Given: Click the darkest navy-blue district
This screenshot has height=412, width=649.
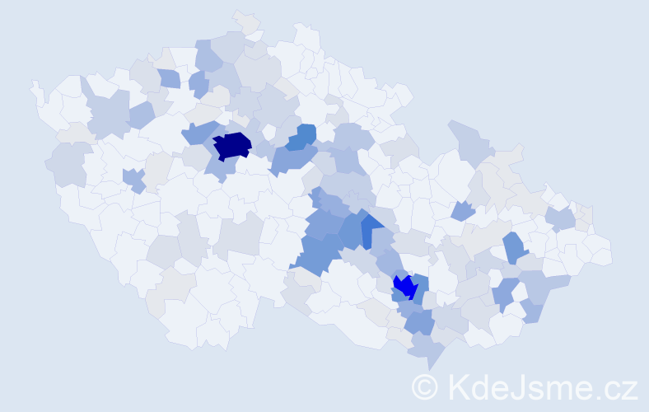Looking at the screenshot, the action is [x=231, y=145].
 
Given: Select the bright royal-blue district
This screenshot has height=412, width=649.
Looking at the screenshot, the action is [x=404, y=286].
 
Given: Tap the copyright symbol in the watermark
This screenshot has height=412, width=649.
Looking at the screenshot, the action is [x=426, y=386].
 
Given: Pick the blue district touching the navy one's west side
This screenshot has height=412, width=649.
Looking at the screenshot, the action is [x=198, y=132].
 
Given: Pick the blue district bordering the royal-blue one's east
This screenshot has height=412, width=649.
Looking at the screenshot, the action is [x=419, y=288].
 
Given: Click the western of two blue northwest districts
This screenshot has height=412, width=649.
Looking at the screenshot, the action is [x=169, y=78].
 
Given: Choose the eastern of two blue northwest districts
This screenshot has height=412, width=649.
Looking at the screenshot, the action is [x=198, y=82].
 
